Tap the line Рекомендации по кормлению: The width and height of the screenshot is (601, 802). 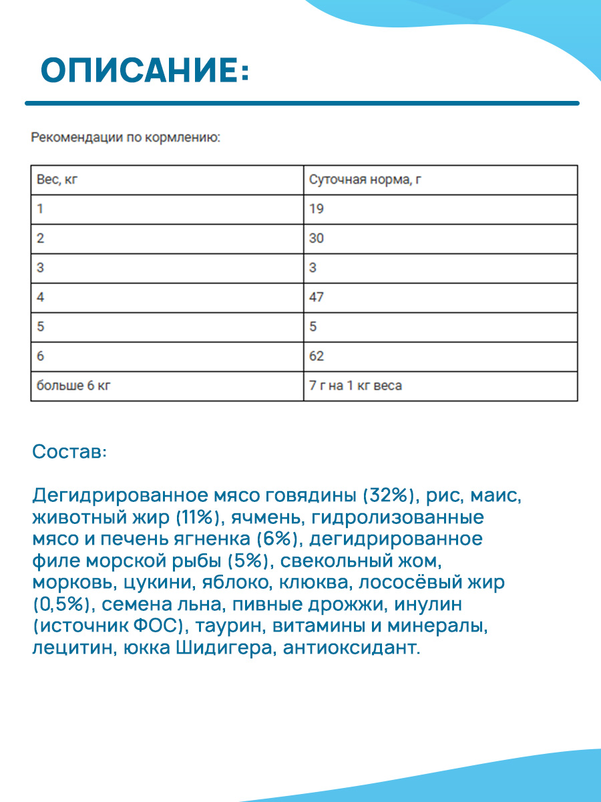point(126,138)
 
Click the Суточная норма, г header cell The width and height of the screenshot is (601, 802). point(365,180)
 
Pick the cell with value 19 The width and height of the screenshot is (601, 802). point(317,209)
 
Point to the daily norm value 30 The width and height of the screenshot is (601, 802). point(317,239)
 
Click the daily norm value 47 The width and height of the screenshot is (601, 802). point(317,297)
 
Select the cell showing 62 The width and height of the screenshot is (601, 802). point(317,356)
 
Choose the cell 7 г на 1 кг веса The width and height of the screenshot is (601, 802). point(355,386)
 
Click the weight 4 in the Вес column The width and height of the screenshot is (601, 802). point(41,297)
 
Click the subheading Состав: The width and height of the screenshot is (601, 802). point(69,452)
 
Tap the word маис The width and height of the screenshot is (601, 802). point(495,497)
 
